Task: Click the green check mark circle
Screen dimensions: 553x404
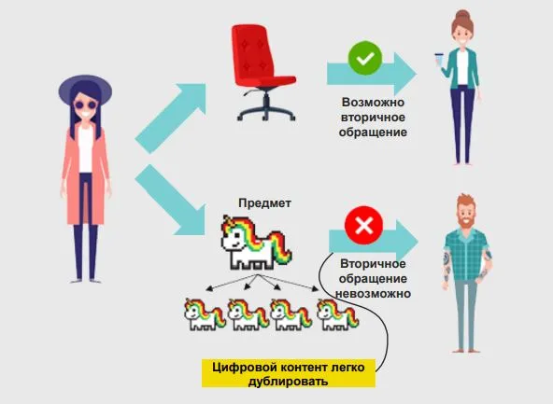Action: click(365, 58)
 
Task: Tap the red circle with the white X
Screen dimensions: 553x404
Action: click(363, 226)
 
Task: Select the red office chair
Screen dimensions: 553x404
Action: click(263, 73)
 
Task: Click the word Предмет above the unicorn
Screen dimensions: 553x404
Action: click(264, 203)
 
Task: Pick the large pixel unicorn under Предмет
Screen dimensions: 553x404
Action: click(256, 243)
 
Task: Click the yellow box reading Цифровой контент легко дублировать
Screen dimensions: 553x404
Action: click(289, 373)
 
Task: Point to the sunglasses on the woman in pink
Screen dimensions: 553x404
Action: click(85, 104)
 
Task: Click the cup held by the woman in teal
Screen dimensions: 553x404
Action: click(439, 59)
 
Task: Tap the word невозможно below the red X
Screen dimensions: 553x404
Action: click(373, 293)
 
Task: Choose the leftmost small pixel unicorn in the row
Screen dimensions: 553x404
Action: click(205, 314)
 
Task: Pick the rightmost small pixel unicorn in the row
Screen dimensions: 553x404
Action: click(337, 314)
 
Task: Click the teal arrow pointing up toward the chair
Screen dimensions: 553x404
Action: click(171, 118)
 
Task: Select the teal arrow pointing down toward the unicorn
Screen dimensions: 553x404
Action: click(171, 200)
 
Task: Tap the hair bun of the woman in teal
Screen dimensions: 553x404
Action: click(462, 15)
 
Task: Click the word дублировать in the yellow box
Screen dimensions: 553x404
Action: click(288, 381)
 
